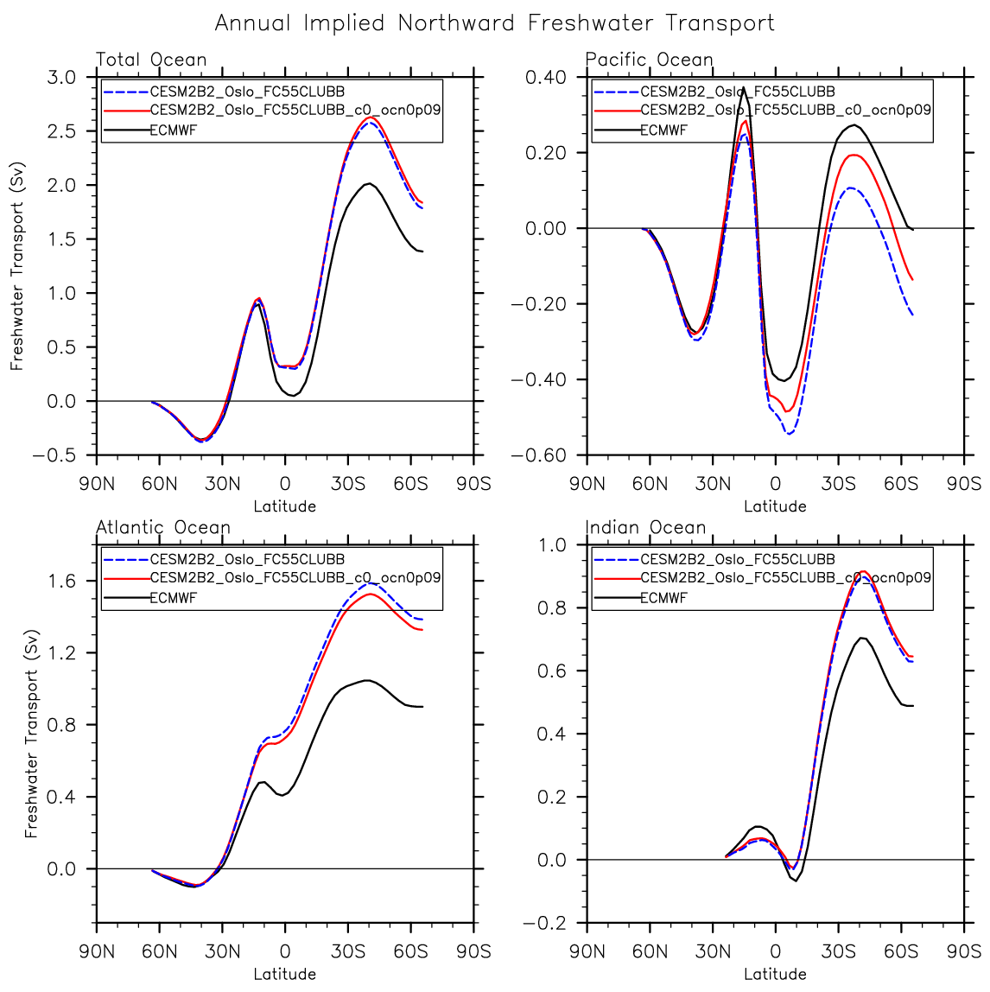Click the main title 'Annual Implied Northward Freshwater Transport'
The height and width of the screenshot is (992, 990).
pyautogui.click(x=494, y=23)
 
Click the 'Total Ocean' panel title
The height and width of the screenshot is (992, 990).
pyautogui.click(x=151, y=60)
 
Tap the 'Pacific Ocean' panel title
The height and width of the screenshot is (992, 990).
pyautogui.click(x=649, y=60)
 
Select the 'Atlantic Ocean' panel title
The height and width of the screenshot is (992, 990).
pyautogui.click(x=163, y=527)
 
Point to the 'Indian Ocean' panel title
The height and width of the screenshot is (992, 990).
pyautogui.click(x=645, y=527)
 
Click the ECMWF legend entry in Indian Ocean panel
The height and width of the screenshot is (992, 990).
pyautogui.click(x=663, y=598)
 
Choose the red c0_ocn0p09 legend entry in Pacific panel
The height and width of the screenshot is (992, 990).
pyautogui.click(x=785, y=111)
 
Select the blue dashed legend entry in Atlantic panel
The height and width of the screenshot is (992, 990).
pyautogui.click(x=247, y=559)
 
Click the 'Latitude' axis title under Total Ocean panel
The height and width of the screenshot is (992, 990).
pyautogui.click(x=285, y=506)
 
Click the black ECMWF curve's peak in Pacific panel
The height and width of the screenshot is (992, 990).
pyautogui.click(x=743, y=87)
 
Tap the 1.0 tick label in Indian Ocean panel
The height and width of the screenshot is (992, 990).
pyautogui.click(x=554, y=545)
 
